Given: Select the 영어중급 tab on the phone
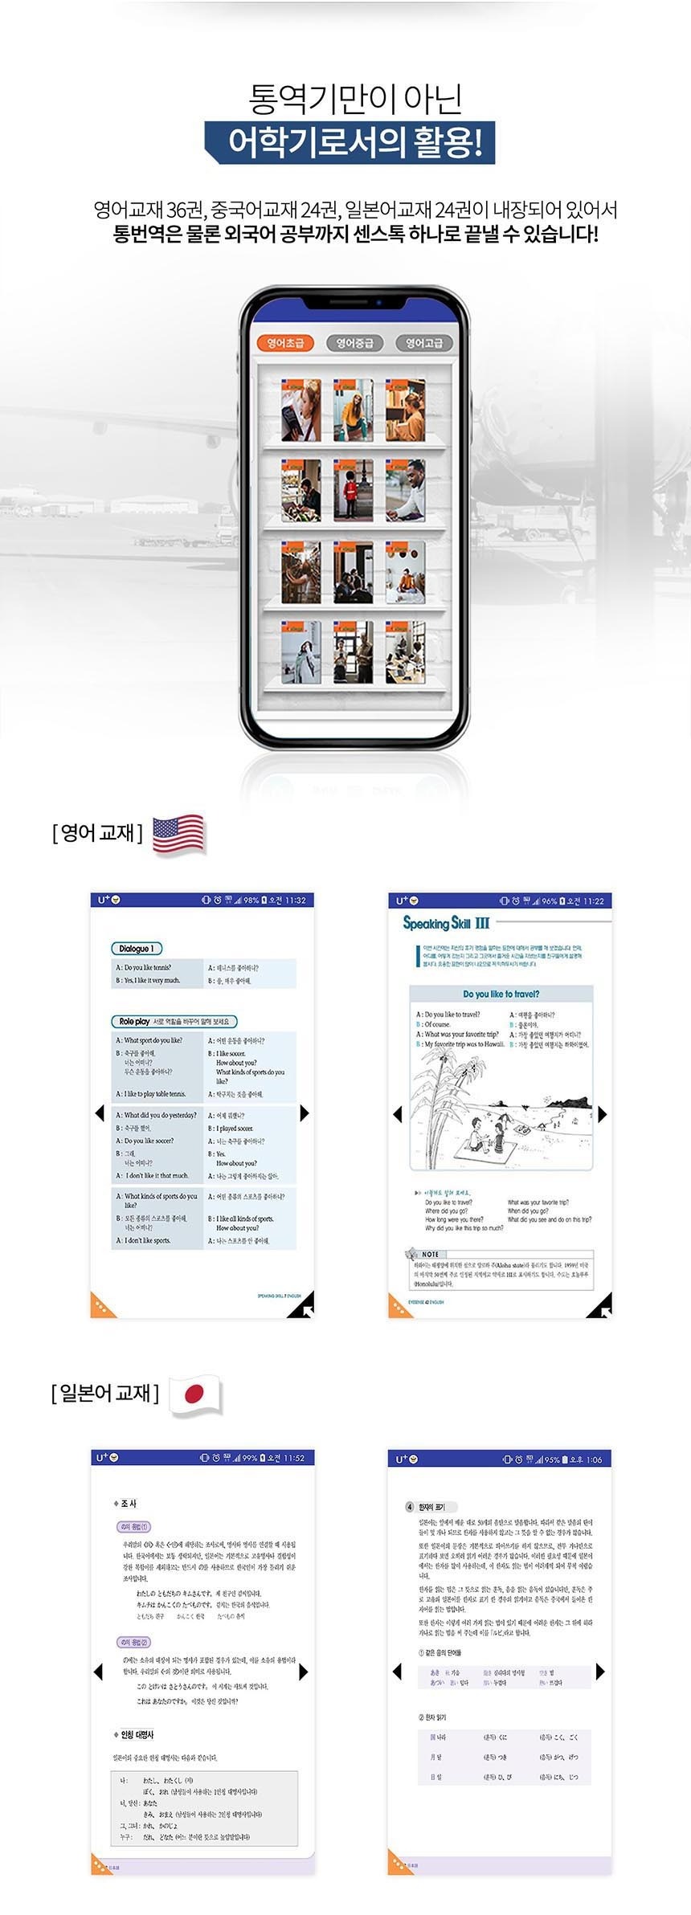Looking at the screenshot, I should [x=354, y=343].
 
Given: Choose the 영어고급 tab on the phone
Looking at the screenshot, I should [x=424, y=343].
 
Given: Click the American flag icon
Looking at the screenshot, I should [x=178, y=834].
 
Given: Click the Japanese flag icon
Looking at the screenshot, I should [x=194, y=1394].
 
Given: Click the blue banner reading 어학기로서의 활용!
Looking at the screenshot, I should [x=350, y=144].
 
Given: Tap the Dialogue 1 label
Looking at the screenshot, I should [x=136, y=949].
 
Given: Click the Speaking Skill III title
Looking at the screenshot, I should [x=446, y=923].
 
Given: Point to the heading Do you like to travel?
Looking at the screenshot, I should [x=501, y=994].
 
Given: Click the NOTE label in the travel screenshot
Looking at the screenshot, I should [x=430, y=1254].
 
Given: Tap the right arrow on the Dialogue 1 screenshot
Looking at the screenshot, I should [x=304, y=1113].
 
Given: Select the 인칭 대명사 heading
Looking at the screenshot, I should [x=136, y=1735].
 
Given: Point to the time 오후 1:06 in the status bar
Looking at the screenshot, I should [x=586, y=1459].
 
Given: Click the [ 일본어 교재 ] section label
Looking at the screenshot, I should [x=105, y=1393].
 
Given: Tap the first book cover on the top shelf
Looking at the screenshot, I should [x=301, y=410].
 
